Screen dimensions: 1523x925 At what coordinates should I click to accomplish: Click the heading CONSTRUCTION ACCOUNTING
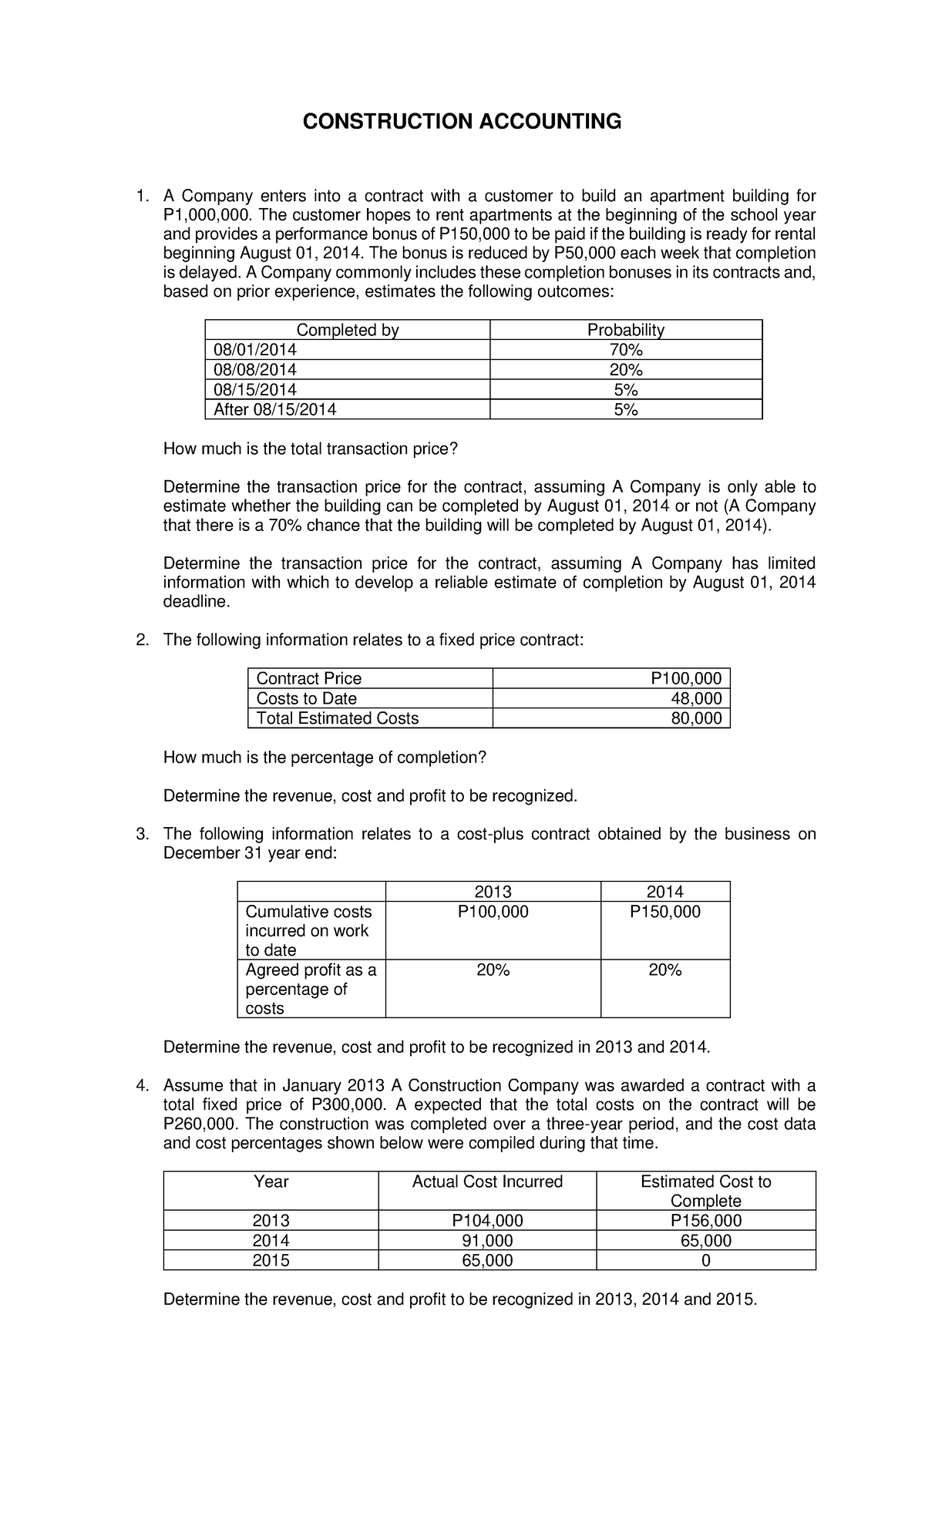point(461,121)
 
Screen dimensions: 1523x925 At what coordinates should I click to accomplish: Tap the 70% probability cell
point(625,350)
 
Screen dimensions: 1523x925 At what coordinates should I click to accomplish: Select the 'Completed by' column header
point(348,330)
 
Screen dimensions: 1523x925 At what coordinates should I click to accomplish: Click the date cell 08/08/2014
point(255,370)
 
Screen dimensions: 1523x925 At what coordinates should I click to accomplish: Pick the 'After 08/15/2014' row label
point(275,410)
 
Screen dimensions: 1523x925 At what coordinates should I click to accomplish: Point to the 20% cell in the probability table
point(625,370)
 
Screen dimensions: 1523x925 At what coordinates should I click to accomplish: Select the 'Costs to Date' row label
point(307,698)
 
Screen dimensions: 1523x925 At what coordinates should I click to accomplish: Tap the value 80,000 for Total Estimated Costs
point(696,718)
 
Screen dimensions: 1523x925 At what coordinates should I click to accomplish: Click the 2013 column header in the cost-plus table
point(493,892)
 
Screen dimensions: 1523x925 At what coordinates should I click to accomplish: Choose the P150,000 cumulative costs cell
point(664,912)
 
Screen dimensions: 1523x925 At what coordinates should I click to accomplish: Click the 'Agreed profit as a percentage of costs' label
point(311,989)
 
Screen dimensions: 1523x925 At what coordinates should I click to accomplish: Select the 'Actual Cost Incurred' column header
point(487,1182)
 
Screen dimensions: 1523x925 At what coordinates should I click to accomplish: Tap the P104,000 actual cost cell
point(487,1221)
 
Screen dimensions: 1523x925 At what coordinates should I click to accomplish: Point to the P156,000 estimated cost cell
point(705,1221)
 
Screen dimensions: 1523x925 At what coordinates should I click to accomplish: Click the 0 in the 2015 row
point(705,1261)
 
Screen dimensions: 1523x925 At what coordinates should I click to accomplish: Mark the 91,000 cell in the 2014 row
point(487,1241)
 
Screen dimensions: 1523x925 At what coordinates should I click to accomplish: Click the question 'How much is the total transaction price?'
point(311,449)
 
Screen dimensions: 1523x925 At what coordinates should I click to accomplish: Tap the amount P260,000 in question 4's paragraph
point(199,1124)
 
